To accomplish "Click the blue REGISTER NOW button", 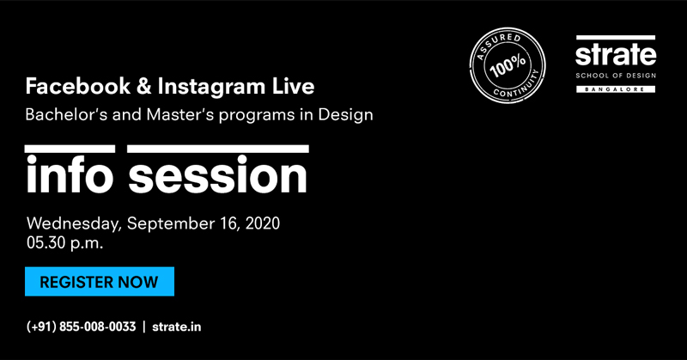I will tap(99, 282).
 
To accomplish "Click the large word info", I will tap(70, 176).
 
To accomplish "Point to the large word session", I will tap(218, 176).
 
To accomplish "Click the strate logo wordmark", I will tap(616, 55).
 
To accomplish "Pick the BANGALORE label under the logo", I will tap(616, 100).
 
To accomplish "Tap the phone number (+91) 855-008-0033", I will tap(82, 326).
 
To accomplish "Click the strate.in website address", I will tap(178, 326).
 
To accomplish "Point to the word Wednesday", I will tap(73, 223).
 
